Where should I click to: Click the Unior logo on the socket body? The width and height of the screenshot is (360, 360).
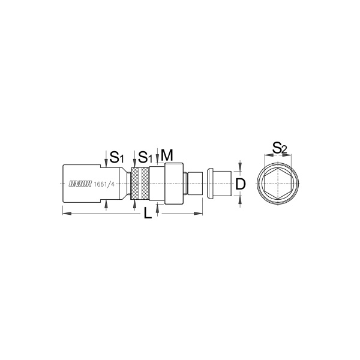80,184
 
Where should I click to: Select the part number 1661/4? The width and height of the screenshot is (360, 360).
104,184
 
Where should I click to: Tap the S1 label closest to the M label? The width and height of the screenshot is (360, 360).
145,157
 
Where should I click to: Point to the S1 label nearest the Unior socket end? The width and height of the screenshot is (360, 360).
116,157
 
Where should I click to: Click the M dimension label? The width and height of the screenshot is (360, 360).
167,155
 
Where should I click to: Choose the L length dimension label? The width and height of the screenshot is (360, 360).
148,214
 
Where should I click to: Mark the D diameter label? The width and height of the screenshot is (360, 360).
241,184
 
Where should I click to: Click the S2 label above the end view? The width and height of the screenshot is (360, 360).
280,148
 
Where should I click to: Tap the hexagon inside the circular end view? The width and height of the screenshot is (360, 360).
278,184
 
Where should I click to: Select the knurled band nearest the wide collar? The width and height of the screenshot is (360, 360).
145,184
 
